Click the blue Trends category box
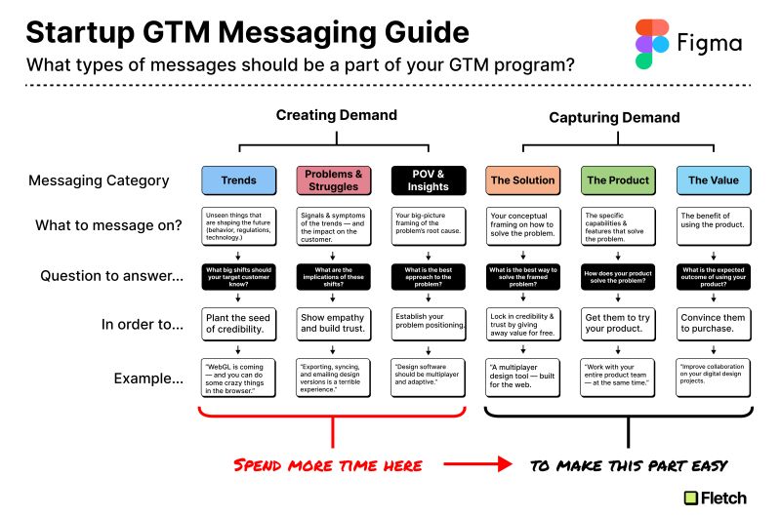pos(239,180)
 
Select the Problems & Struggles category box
pos(334,180)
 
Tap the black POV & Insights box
pos(429,180)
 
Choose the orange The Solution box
pos(523,180)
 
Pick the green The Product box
pos(618,180)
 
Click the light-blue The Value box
pos(714,180)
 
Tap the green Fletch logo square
pos(691,498)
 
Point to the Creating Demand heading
pos(337,115)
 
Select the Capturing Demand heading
pos(614,117)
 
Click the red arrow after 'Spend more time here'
pos(477,464)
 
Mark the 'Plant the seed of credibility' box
pos(239,325)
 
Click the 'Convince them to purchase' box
pos(714,325)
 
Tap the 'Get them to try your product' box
pos(618,325)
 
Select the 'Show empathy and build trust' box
pos(334,325)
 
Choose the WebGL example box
pos(238,378)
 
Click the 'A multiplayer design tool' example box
pos(523,378)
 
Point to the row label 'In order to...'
pos(143,325)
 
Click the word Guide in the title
pos(427,33)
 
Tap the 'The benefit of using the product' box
pos(714,226)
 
